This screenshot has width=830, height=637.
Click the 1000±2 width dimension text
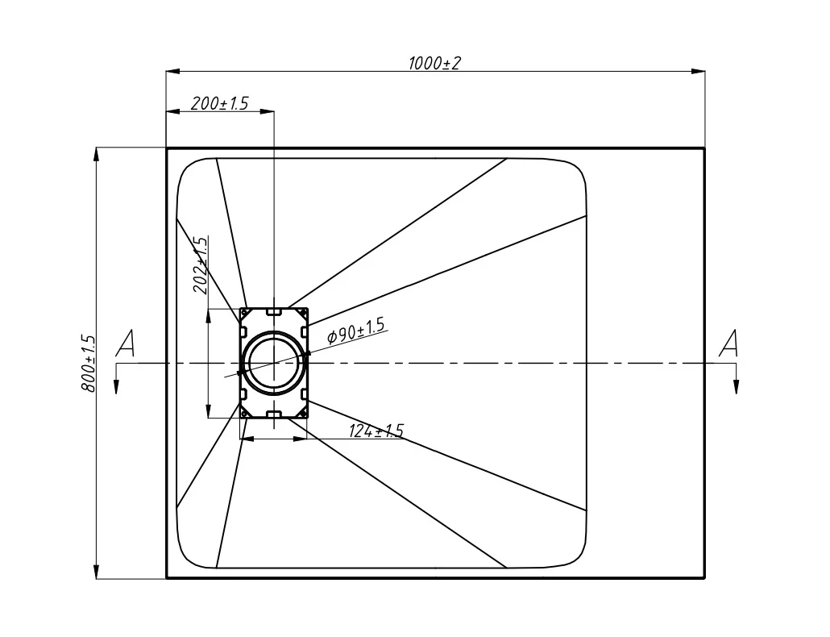pos(434,63)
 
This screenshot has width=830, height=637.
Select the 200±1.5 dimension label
pos(219,103)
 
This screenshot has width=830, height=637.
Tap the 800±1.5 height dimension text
pos(89,363)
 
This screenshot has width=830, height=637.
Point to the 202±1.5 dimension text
pos(200,264)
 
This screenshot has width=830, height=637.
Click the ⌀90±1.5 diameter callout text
pos(355,331)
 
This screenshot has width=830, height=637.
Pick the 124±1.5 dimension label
pos(376,431)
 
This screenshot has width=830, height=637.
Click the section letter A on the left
pos(125,343)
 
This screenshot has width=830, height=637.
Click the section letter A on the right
pos(728,343)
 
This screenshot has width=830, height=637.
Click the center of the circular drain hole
pos(274,363)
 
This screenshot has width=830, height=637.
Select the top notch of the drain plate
pos(274,312)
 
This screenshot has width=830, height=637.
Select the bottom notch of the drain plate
pos(274,414)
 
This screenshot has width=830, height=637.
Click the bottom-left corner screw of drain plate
pos(245,413)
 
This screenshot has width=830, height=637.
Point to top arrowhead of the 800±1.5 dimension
pos(97,154)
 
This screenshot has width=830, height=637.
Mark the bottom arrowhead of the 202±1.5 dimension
pos(209,411)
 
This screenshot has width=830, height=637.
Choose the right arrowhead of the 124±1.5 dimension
pos(301,439)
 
